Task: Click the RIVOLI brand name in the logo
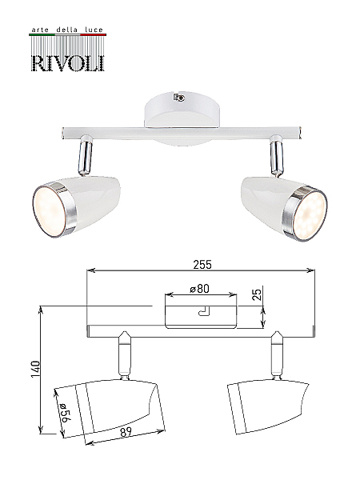(x=68, y=63)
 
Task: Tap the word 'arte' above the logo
(x=41, y=30)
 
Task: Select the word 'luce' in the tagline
(x=94, y=30)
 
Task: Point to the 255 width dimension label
(x=202, y=265)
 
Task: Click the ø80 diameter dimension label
(x=199, y=289)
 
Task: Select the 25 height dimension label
(x=258, y=294)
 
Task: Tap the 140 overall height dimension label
(x=35, y=370)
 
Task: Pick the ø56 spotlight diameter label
(x=65, y=412)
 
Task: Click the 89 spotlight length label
(x=126, y=432)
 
